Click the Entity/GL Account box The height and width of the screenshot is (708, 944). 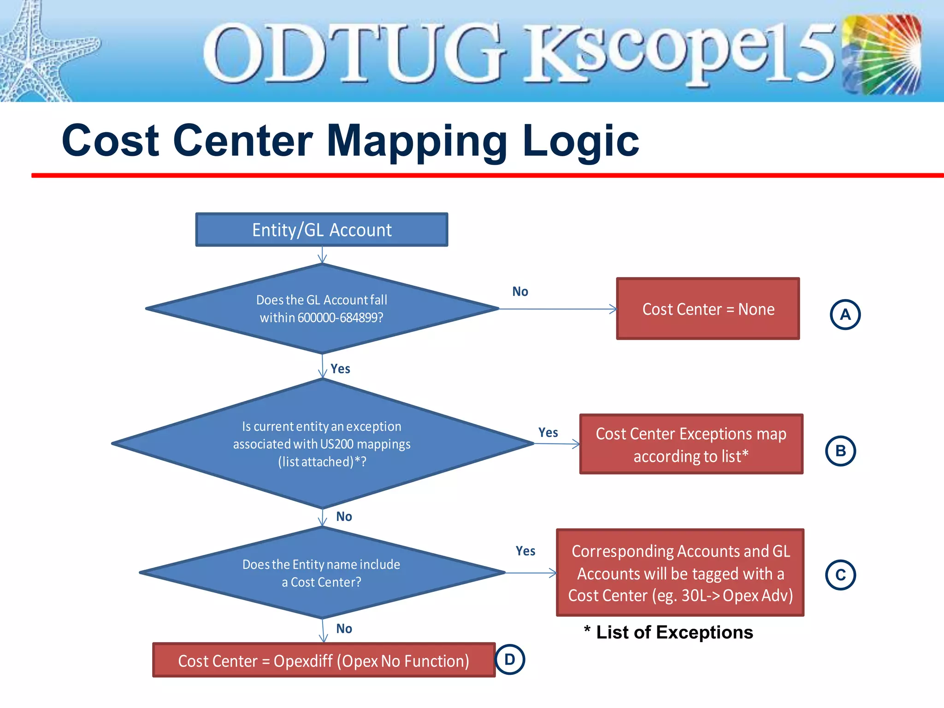[x=321, y=230]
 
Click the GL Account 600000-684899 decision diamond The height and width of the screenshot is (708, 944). [x=321, y=308]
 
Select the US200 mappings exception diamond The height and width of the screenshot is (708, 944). [x=321, y=443]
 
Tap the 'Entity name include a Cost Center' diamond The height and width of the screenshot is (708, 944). [x=321, y=573]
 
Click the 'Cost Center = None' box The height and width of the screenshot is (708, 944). [x=708, y=309]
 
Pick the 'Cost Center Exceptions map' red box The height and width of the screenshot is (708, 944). [x=691, y=444]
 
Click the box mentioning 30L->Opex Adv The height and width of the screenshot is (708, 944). [x=680, y=573]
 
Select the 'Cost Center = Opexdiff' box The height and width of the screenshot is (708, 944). [x=324, y=661]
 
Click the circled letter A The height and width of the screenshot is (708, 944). [x=845, y=315]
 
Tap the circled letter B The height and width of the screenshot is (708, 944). [x=840, y=451]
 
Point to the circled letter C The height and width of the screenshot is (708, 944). [x=840, y=575]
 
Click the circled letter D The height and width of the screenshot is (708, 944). [x=510, y=660]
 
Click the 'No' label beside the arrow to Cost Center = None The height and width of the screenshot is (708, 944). [x=520, y=291]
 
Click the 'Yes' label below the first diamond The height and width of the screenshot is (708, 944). [x=340, y=369]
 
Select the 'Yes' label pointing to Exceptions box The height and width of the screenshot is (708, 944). [x=548, y=432]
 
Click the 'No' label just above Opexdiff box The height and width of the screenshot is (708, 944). [x=344, y=629]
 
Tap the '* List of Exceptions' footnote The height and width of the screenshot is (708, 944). [x=668, y=632]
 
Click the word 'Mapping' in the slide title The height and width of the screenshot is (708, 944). [x=417, y=141]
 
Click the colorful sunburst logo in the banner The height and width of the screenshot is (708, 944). [x=881, y=54]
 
